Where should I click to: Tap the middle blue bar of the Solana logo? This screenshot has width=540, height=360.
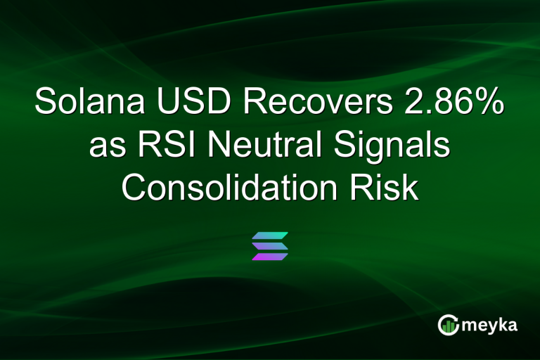tap(270, 246)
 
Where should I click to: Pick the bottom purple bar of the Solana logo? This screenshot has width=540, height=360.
tap(270, 257)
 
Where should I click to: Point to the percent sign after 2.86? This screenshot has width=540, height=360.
tap(489, 103)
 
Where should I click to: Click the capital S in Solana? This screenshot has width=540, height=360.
tap(46, 103)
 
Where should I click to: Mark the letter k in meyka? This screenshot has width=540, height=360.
tap(503, 325)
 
